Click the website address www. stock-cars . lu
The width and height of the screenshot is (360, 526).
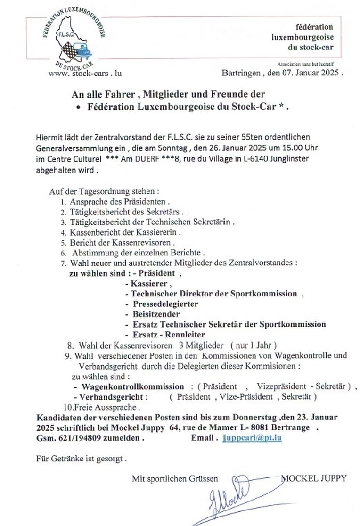click(x=85, y=73)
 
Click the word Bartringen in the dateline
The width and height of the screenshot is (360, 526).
click(x=242, y=73)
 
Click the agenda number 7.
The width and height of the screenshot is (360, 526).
click(x=63, y=262)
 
